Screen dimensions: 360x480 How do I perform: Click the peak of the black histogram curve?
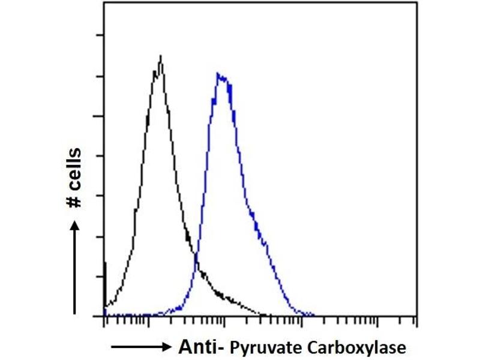(161, 56)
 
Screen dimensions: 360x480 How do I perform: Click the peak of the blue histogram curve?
(220, 74)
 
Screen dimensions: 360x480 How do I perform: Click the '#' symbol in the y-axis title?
(75, 202)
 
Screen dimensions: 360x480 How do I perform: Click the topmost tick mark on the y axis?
(101, 35)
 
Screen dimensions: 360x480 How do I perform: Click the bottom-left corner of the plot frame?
(104, 316)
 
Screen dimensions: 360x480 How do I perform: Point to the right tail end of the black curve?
(264, 314)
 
